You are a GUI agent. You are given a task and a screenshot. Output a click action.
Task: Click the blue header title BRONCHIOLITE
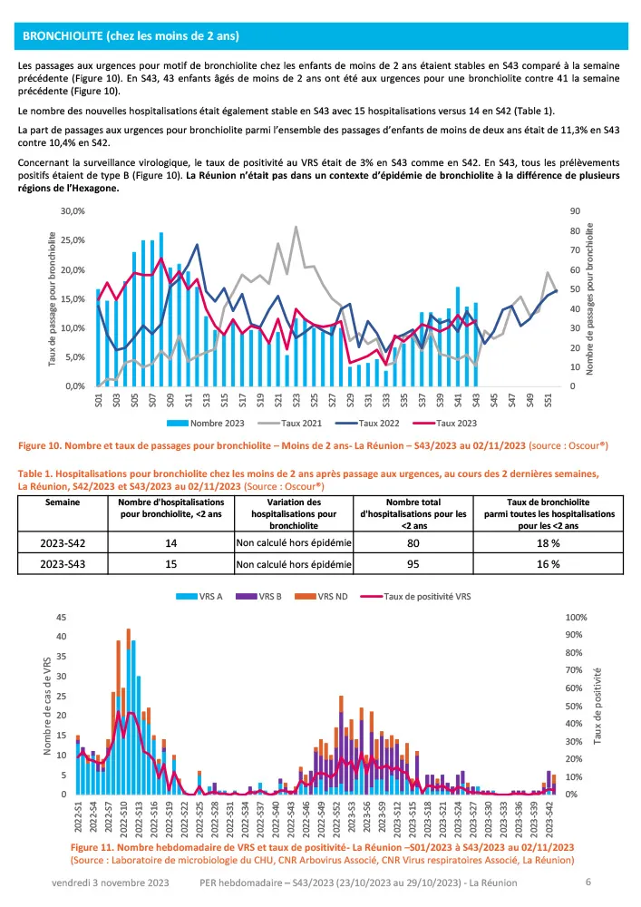pyautogui.click(x=131, y=36)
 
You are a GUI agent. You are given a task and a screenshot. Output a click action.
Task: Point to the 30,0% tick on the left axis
pyautogui.click(x=71, y=210)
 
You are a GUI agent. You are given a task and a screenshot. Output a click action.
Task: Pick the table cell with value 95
pyautogui.click(x=424, y=562)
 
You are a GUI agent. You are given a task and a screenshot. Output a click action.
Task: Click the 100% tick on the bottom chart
pyautogui.click(x=577, y=617)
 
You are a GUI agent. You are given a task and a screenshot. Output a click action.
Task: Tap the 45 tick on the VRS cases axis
pyautogui.click(x=60, y=617)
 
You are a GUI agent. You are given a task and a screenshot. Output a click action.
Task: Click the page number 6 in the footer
pyautogui.click(x=588, y=882)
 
